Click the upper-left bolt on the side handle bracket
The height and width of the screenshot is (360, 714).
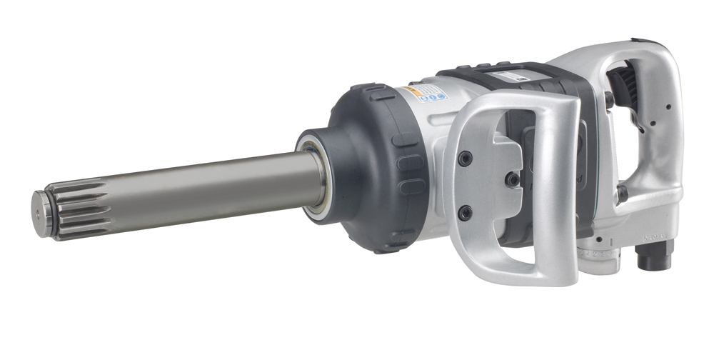pos(465,159)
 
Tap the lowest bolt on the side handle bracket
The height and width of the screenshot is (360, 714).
pos(465,212)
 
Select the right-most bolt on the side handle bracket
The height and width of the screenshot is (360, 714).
pos(512,180)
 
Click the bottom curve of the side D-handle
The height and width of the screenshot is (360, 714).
pos(514,275)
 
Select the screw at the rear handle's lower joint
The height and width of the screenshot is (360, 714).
pos(622,194)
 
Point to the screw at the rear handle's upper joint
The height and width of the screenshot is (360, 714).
pos(608,99)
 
